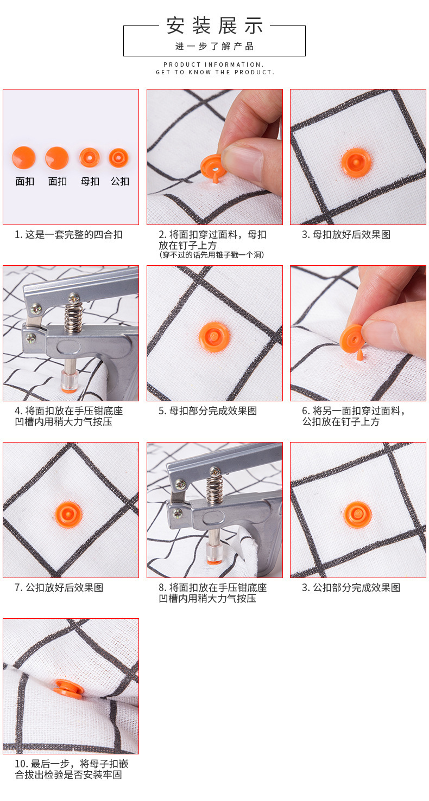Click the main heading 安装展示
pos(214,25)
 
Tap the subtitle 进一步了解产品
pos(214,46)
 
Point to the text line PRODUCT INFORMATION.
pos(214,65)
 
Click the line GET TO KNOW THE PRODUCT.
pos(215,72)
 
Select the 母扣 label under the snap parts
pos(90,181)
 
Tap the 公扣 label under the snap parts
pos(120,181)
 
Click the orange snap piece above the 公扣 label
pos(118,158)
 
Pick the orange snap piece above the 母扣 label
pos(90,158)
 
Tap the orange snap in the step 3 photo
pos(355,163)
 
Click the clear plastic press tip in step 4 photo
pos(70,381)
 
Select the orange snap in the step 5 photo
pos(214,337)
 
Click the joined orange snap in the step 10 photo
pos(69,689)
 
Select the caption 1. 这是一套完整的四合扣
pos(69,235)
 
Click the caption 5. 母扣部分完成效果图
pos(207,411)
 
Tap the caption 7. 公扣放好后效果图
pos(59,587)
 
